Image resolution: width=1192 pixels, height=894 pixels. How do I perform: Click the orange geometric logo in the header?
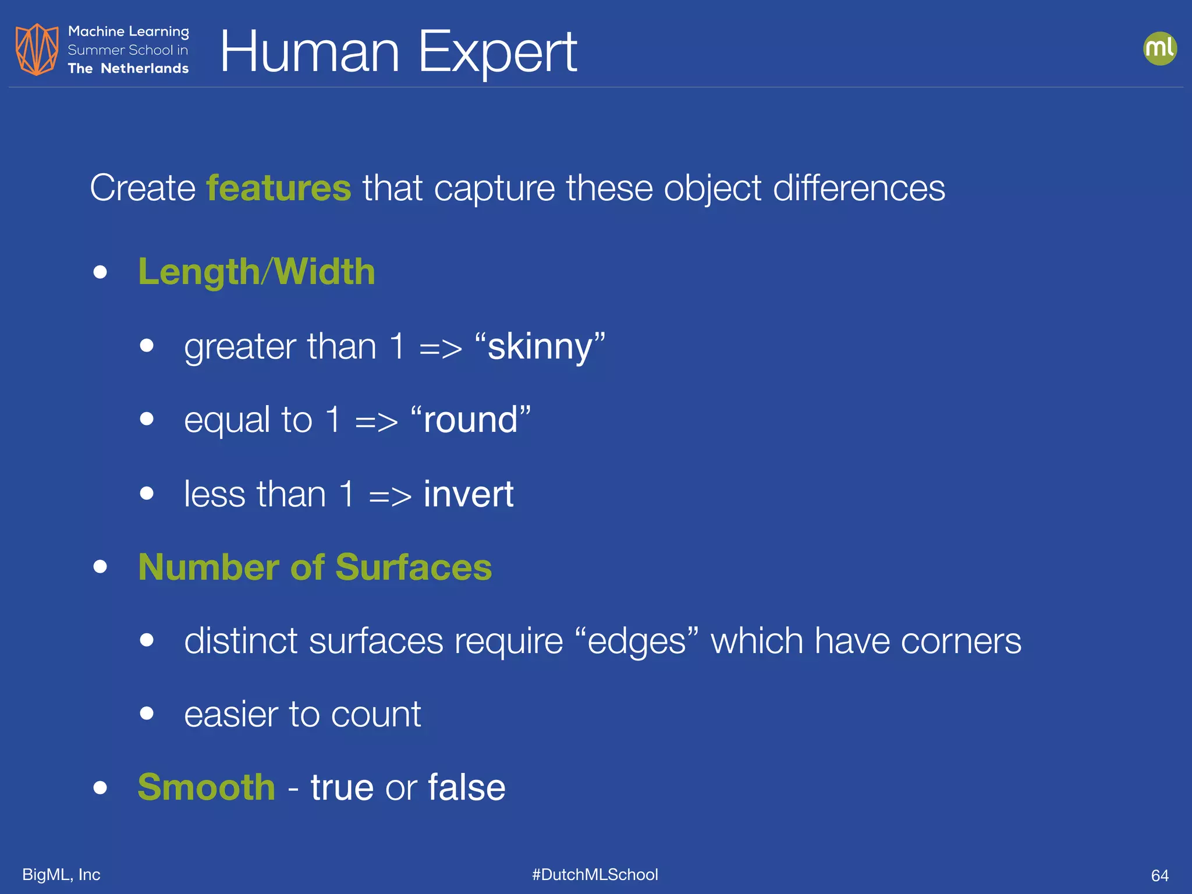pos(37,49)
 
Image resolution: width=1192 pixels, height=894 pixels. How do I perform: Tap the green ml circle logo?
pos(1159,48)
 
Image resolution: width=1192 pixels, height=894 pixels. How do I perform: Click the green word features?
pos(279,188)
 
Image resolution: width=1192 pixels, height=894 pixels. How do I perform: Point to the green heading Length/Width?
pos(257,272)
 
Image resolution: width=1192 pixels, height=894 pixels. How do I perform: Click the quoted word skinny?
pos(540,346)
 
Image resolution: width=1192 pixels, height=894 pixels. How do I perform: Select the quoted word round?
pos(470,420)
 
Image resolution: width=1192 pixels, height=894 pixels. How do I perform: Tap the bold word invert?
pos(469,494)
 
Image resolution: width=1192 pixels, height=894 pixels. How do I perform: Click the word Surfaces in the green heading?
pos(413,567)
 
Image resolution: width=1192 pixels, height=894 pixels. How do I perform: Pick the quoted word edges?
pos(637,641)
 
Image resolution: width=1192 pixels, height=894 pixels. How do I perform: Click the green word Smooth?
pos(207,787)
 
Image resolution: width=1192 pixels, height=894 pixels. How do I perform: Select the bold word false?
pos(467,787)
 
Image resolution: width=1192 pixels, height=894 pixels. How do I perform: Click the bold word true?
pos(342,787)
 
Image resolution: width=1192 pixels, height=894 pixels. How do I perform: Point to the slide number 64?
pos(1159,875)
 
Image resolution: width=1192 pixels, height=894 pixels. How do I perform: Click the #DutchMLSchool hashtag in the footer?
pos(595,874)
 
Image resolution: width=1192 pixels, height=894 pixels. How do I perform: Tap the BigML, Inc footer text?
pos(61,874)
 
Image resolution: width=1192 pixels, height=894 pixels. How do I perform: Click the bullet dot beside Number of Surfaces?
pos(100,567)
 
